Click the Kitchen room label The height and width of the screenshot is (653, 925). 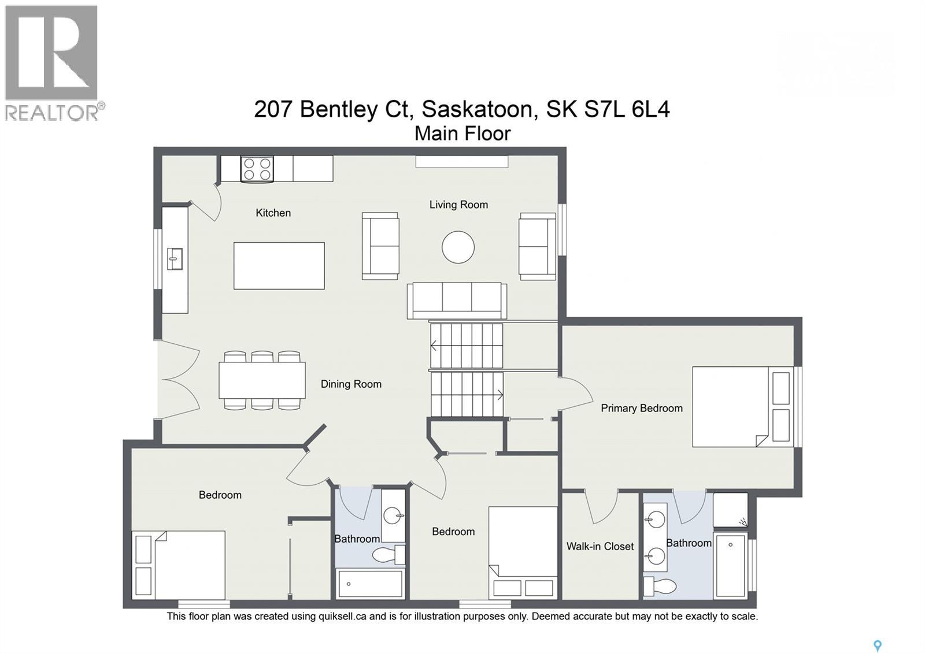(273, 213)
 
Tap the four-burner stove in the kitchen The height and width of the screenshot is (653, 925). (257, 169)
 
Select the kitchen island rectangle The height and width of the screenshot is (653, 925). (279, 266)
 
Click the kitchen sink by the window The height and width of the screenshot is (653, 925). (175, 258)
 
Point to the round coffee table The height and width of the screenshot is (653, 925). (458, 247)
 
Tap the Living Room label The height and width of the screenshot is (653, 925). (458, 205)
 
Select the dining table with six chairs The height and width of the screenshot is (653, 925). (262, 380)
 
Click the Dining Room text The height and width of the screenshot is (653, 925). (351, 384)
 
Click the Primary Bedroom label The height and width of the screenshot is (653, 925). (641, 408)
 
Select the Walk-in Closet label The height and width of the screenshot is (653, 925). (600, 546)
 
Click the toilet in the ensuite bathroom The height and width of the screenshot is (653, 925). (660, 586)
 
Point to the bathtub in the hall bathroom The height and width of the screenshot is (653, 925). (370, 584)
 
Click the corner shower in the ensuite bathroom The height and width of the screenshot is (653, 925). (730, 510)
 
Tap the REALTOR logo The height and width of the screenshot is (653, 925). (52, 62)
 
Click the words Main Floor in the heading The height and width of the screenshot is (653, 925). (462, 133)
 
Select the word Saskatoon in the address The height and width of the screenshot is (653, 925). (477, 109)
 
